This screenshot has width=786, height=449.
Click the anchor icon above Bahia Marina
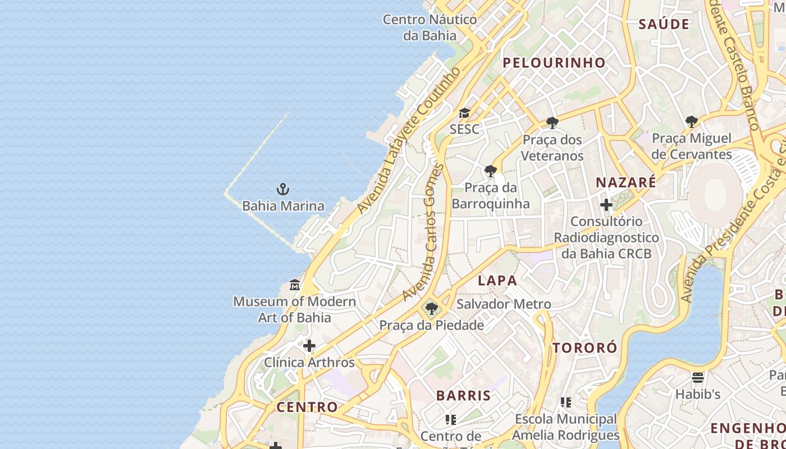(x=283, y=189)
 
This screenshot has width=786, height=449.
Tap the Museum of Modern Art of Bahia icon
(x=295, y=285)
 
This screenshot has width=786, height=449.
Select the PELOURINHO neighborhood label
(x=554, y=63)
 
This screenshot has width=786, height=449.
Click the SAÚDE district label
(x=664, y=24)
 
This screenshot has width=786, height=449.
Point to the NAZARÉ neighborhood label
(x=625, y=182)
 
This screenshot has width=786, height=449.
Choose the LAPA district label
(x=497, y=280)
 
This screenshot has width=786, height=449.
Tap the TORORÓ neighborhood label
(x=584, y=347)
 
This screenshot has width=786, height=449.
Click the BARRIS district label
(x=463, y=395)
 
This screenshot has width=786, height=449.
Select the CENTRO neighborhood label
(x=307, y=407)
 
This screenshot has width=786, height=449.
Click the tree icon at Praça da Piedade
(x=431, y=308)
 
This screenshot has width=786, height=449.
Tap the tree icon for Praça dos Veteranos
(x=552, y=122)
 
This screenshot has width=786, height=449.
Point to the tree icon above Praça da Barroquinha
(x=490, y=171)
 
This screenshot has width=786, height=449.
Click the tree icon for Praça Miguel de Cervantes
(x=692, y=121)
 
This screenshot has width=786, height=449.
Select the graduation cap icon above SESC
(x=464, y=113)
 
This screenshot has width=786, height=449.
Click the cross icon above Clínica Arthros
(x=309, y=346)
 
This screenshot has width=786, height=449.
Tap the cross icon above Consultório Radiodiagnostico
(x=606, y=205)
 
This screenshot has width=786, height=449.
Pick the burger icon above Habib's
(x=698, y=377)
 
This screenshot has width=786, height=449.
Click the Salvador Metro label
(x=504, y=304)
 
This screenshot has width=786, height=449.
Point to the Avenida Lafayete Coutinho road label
(x=409, y=140)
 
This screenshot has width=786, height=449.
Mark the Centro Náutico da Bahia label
(x=430, y=28)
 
